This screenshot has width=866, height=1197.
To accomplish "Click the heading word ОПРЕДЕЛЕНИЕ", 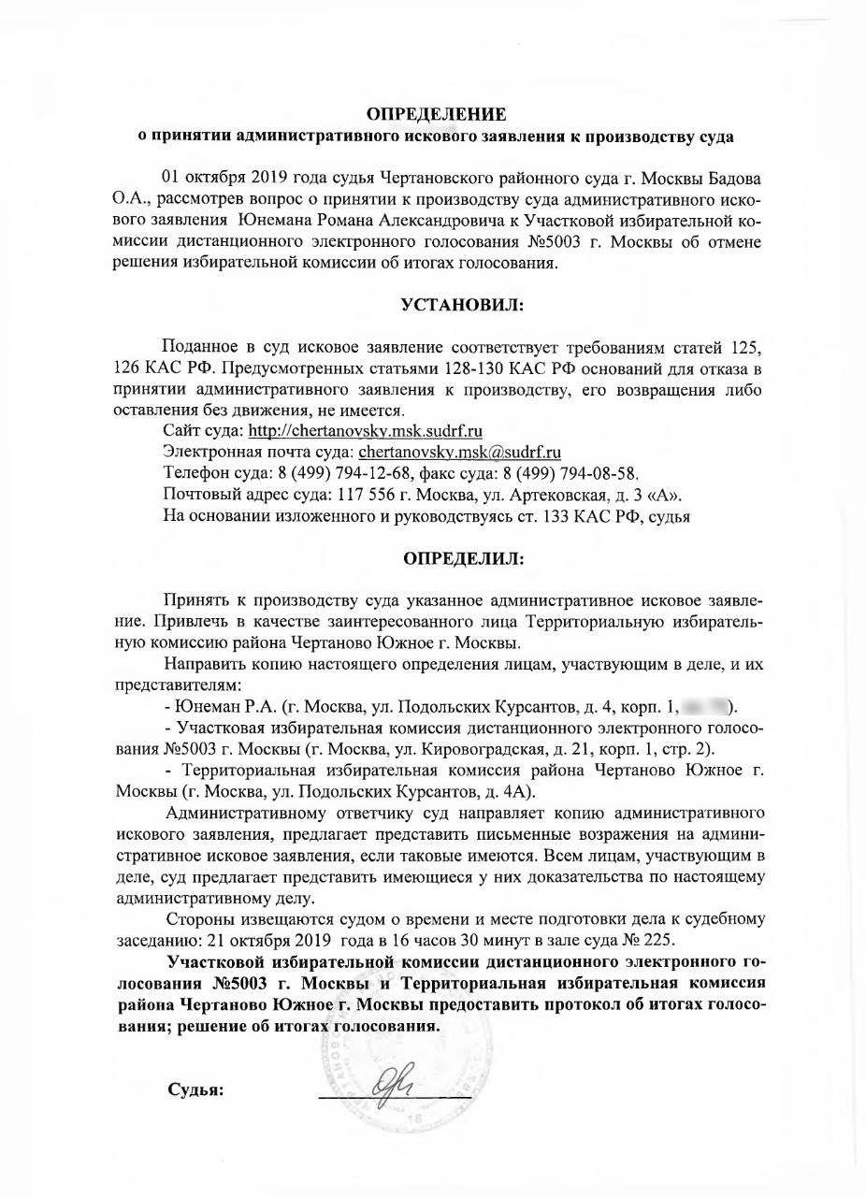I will point(435,115).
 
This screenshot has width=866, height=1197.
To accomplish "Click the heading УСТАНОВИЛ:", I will point(461,306).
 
